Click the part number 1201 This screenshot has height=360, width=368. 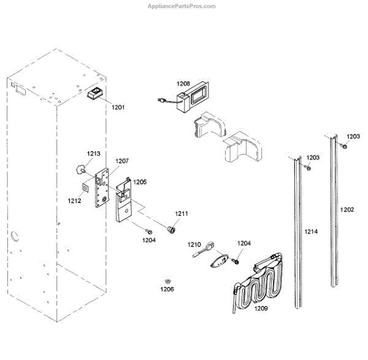tap(118, 107)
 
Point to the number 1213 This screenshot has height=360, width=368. tap(93, 153)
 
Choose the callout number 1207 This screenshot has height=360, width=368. tap(122, 161)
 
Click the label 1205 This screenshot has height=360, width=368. tap(140, 182)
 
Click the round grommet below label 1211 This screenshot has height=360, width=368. tap(172, 228)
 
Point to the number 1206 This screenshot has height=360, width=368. tap(167, 288)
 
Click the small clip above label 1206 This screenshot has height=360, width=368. tap(166, 279)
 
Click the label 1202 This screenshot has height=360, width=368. tap(347, 210)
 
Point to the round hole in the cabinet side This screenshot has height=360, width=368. tap(14, 237)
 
